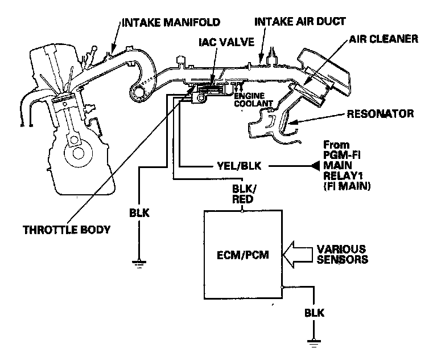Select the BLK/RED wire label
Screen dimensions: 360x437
[243, 194]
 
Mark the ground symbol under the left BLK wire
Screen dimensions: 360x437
[137, 263]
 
